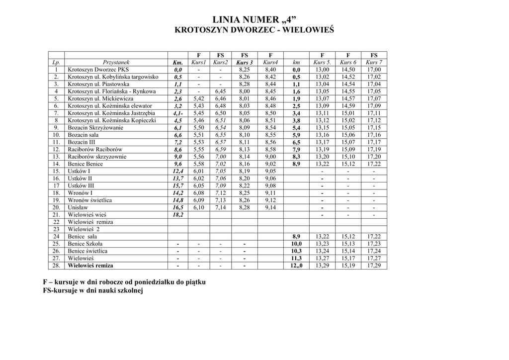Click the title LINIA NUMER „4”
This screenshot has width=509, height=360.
[x=254, y=20]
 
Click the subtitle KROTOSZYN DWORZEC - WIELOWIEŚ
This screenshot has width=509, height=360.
[x=254, y=30]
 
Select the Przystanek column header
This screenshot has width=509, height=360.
[x=116, y=63]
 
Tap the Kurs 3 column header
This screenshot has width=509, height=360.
[x=245, y=63]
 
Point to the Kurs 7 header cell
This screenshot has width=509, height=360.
[x=374, y=63]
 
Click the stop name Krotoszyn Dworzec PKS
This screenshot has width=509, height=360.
[x=98, y=70]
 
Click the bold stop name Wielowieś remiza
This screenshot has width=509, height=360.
[x=90, y=266]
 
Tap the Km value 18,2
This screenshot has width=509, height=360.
[x=177, y=215]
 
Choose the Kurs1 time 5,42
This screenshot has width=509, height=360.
[x=198, y=99]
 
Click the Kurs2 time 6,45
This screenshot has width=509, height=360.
[x=220, y=91]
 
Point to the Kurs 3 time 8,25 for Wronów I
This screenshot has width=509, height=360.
[x=245, y=193]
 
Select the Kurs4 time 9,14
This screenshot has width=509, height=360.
[x=270, y=207]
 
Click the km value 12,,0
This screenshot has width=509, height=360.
[x=296, y=266]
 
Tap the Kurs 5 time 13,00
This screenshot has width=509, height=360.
[x=322, y=70]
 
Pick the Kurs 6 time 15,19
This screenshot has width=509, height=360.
[x=348, y=266]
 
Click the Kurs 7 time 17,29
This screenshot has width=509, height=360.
[x=374, y=266]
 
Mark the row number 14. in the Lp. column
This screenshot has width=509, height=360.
[x=57, y=164]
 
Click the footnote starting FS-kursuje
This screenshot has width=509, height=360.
[x=93, y=290]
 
